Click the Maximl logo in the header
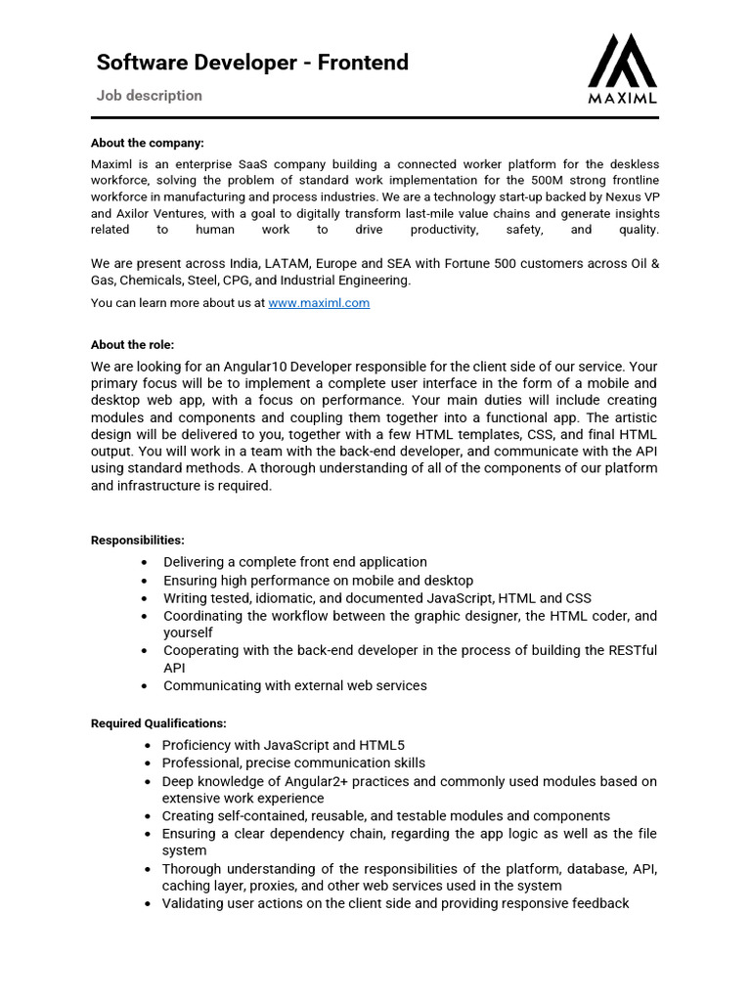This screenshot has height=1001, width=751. (x=623, y=68)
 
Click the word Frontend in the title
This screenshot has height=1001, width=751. (x=363, y=63)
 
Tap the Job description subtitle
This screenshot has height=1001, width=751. (x=150, y=96)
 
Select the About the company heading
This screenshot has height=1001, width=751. (x=148, y=143)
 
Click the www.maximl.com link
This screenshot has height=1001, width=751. (x=319, y=303)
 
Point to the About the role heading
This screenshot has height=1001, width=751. (x=132, y=345)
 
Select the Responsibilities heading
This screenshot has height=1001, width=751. (x=138, y=540)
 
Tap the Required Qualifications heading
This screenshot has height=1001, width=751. (x=158, y=723)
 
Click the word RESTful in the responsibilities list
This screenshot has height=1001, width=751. (x=633, y=650)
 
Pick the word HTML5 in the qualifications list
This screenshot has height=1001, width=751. (x=384, y=745)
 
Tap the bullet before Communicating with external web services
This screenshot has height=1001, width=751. (x=145, y=686)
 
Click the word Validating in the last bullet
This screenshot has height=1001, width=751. (x=194, y=903)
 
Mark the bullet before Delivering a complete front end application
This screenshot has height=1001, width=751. (x=145, y=563)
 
